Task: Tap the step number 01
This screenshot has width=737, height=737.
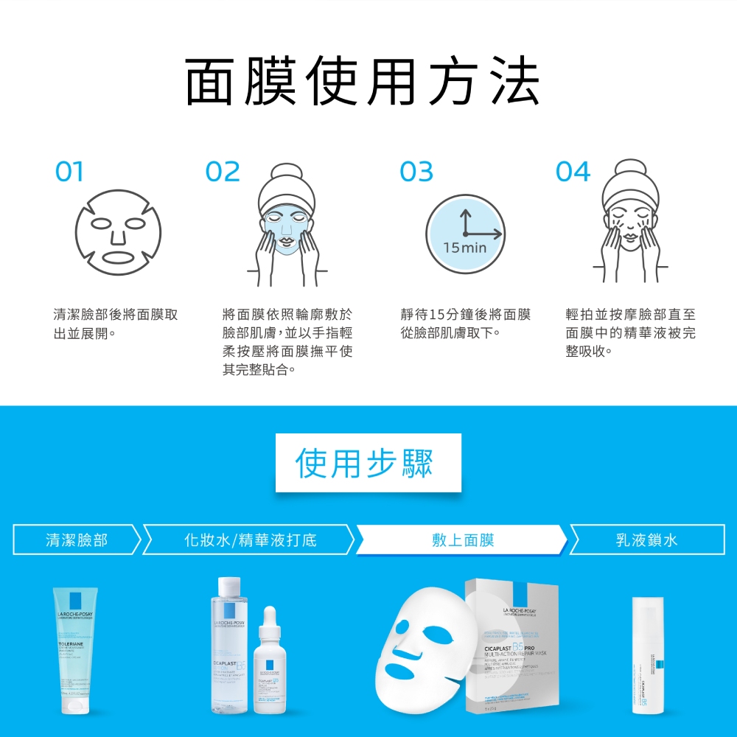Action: point(69,172)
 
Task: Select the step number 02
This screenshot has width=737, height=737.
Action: point(223,172)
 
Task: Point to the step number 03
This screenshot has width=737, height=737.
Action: point(416,172)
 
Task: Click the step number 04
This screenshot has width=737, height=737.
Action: point(573,172)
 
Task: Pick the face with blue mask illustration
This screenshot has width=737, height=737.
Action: point(287,225)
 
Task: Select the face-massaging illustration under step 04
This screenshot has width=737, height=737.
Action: point(630,221)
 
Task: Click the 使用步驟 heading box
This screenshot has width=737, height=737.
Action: point(368,463)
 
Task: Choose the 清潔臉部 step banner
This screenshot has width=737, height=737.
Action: point(77,539)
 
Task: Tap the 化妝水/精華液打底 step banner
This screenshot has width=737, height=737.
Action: point(250,539)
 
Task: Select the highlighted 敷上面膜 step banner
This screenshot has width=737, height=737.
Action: point(463,539)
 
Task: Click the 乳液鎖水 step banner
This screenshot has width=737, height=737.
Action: point(646,539)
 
